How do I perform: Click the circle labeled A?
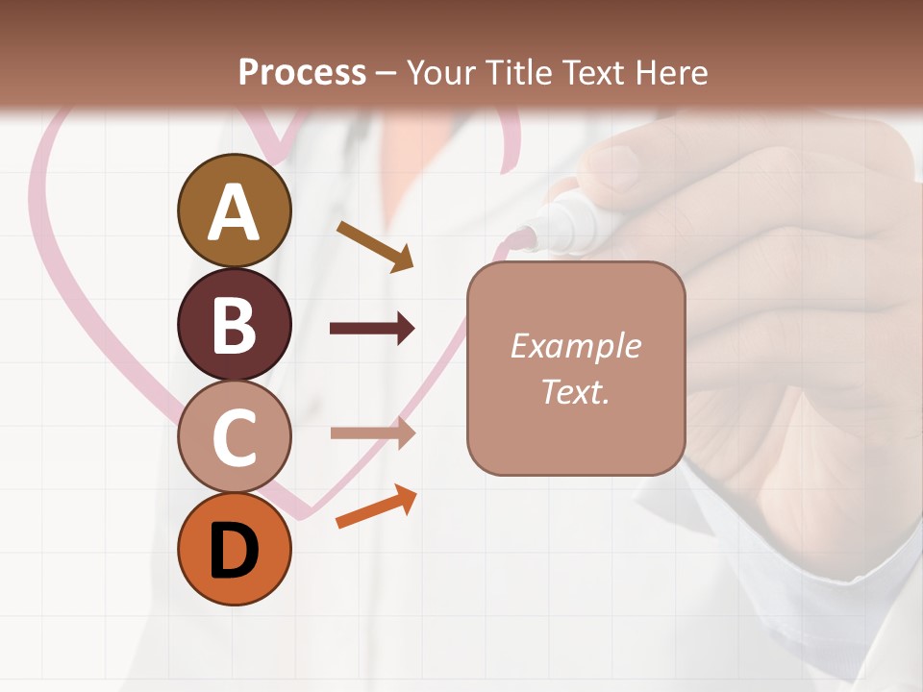click(235, 210)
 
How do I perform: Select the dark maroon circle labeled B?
click(235, 324)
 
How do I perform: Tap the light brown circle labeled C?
click(235, 436)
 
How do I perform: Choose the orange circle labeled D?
click(235, 549)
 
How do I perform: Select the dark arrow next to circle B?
click(372, 329)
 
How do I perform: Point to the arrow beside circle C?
click(372, 432)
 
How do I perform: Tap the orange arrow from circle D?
click(376, 507)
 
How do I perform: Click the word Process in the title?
click(302, 72)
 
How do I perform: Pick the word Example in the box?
click(575, 346)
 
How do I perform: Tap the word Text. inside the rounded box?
click(575, 391)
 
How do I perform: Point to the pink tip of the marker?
click(523, 236)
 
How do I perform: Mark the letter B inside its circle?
click(235, 324)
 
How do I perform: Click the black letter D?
click(235, 551)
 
